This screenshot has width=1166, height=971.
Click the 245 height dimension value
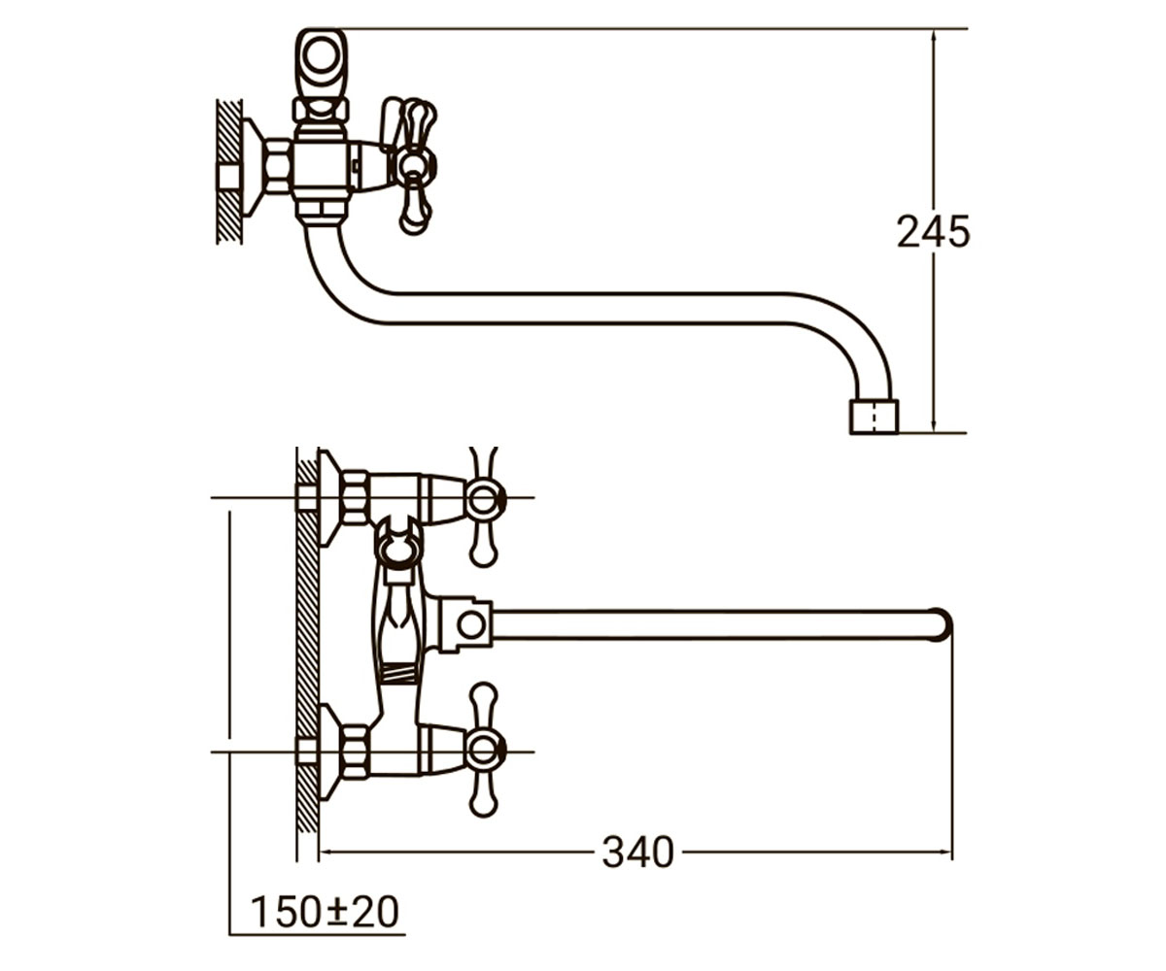[933, 232]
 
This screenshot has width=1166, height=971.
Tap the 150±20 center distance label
[325, 913]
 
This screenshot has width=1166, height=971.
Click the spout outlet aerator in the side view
[874, 417]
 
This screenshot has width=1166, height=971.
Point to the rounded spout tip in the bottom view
[943, 624]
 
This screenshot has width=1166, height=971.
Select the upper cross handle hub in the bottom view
[485, 498]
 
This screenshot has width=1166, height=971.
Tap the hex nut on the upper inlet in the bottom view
[355, 498]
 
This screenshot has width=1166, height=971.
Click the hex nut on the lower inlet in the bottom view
[355, 752]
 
